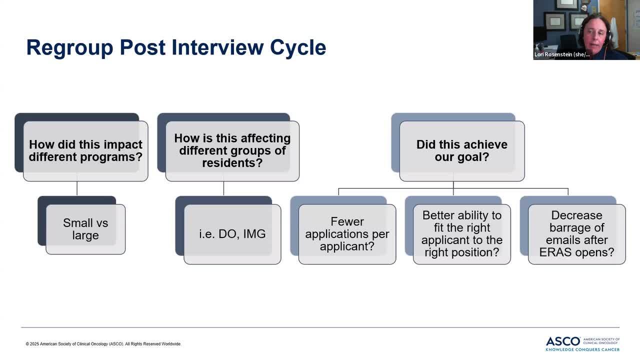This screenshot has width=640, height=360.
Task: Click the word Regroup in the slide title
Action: pyautogui.click(x=69, y=48)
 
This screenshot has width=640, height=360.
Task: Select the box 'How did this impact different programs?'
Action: pyautogui.click(x=85, y=151)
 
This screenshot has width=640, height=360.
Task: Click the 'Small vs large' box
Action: pyautogui.click(x=85, y=229)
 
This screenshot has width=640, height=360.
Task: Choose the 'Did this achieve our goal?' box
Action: pyautogui.click(x=462, y=151)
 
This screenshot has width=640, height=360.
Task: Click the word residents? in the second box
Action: pyautogui.click(x=232, y=163)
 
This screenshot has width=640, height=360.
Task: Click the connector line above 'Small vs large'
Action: pyautogui.click(x=77, y=188)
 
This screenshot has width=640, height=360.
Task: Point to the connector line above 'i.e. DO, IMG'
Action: pyautogui.click(x=223, y=188)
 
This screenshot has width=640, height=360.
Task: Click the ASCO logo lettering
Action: pyautogui.click(x=563, y=341)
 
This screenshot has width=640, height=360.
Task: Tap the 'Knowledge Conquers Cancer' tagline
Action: pyautogui.click(x=582, y=349)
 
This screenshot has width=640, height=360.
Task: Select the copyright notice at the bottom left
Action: pyautogui.click(x=103, y=344)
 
